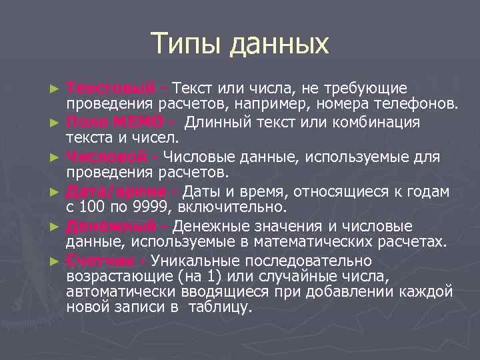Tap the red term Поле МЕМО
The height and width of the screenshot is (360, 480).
(115, 123)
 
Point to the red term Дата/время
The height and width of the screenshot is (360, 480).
(117, 192)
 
